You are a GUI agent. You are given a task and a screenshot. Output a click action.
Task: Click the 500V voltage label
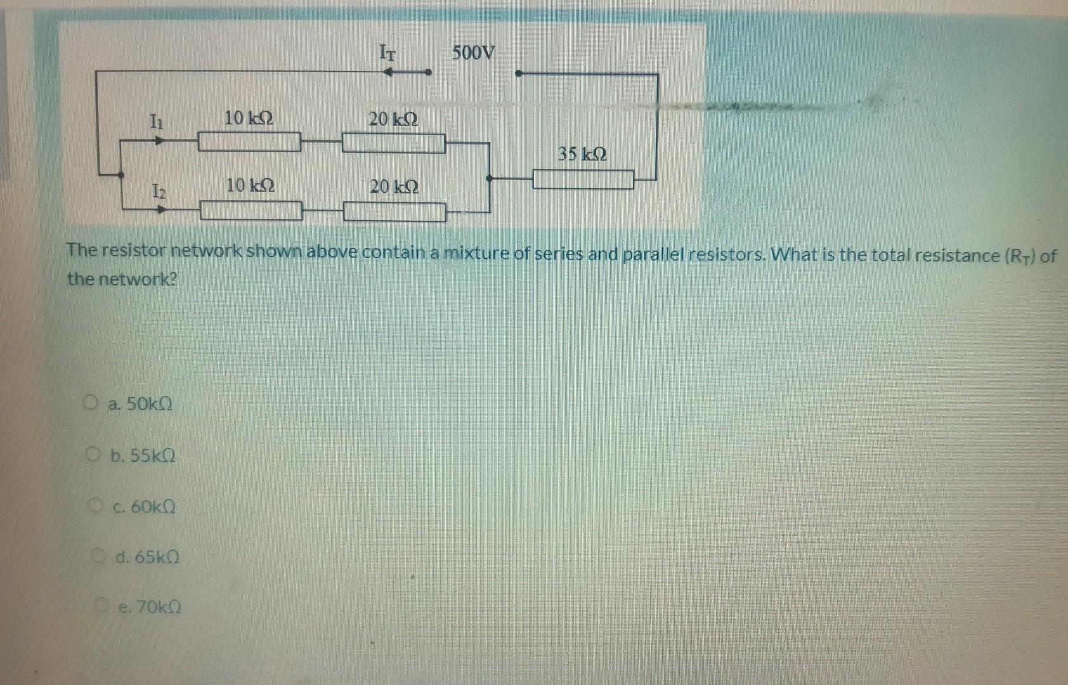pyautogui.click(x=473, y=53)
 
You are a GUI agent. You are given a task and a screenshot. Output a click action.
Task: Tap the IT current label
pyautogui.click(x=387, y=52)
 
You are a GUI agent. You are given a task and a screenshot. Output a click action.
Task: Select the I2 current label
pyautogui.click(x=158, y=190)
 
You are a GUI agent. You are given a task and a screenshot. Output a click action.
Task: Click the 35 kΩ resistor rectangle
pyautogui.click(x=583, y=179)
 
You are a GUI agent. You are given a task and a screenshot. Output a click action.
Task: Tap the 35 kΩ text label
pyautogui.click(x=582, y=154)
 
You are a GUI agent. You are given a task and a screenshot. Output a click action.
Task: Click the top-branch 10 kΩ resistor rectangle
pyautogui.click(x=249, y=142)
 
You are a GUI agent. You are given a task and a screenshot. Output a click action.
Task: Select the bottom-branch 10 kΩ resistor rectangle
pyautogui.click(x=251, y=210)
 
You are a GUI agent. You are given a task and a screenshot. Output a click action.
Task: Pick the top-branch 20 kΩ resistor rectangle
pyautogui.click(x=393, y=143)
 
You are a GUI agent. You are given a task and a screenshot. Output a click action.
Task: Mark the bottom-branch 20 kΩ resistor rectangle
pyautogui.click(x=394, y=212)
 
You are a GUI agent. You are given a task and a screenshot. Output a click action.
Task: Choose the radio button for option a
pyautogui.click(x=92, y=402)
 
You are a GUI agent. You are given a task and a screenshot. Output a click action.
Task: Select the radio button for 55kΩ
pyautogui.click(x=94, y=454)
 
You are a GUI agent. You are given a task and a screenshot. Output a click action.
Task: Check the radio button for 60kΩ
pyautogui.click(x=96, y=506)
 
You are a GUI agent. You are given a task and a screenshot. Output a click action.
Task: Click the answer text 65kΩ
pyautogui.click(x=148, y=558)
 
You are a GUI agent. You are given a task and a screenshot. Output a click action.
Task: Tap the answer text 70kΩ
pyautogui.click(x=150, y=608)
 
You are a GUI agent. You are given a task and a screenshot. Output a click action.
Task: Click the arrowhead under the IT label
pyautogui.click(x=389, y=73)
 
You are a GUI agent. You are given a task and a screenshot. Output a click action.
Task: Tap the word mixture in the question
pyautogui.click(x=476, y=253)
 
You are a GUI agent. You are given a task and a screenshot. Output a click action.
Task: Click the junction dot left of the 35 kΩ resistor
pyautogui.click(x=488, y=179)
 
